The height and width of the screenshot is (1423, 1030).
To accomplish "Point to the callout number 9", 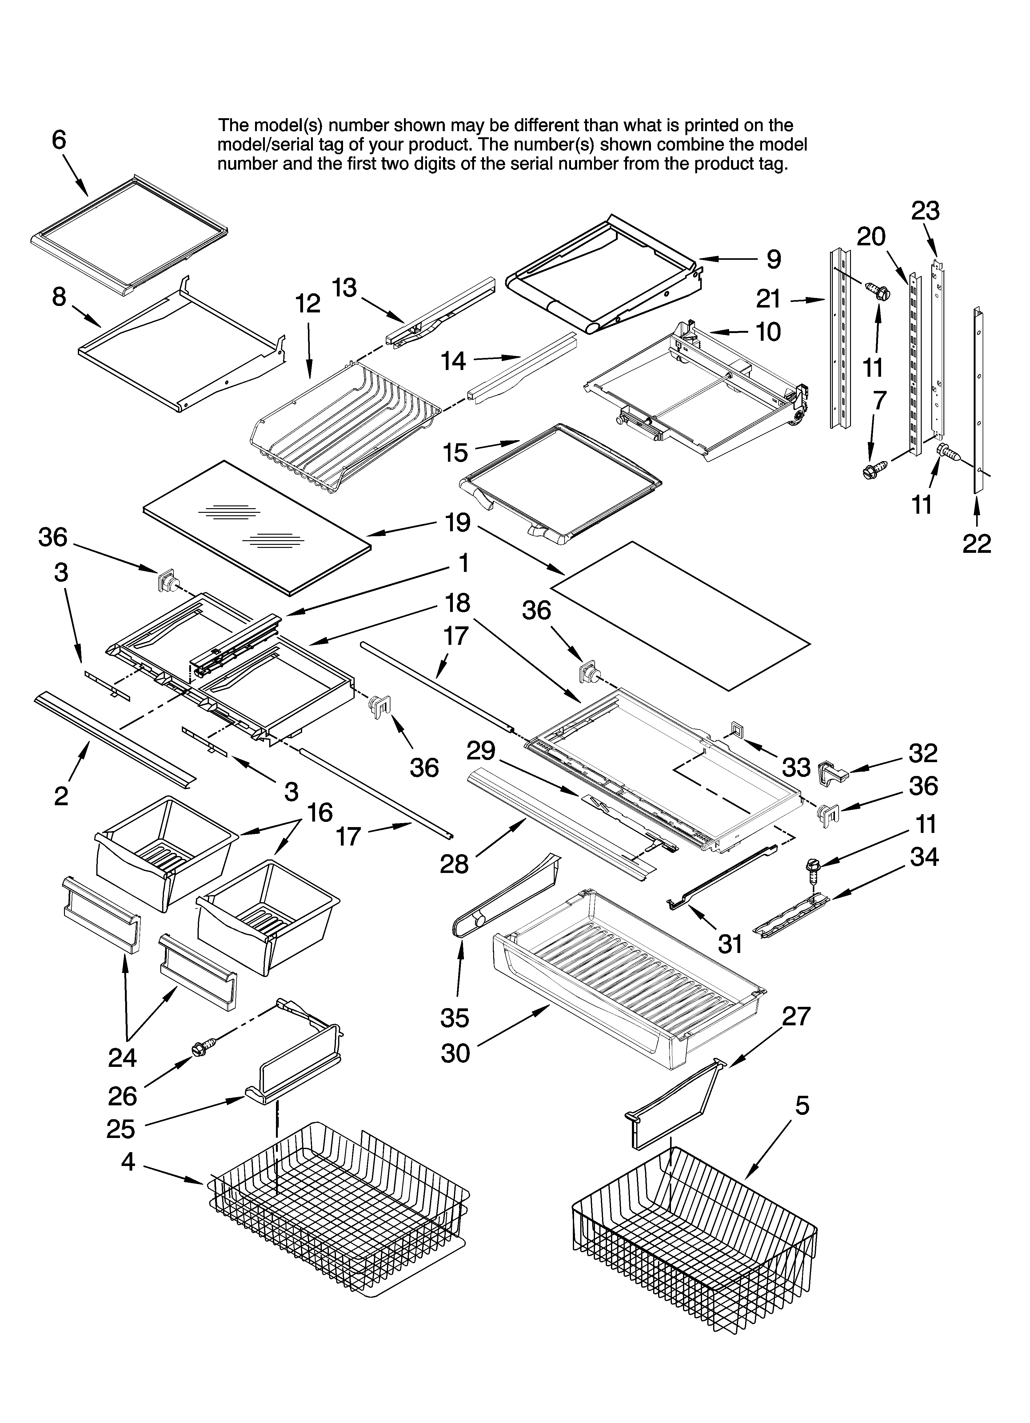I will [773, 259].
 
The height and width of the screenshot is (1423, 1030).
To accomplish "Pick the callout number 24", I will [122, 1058].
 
